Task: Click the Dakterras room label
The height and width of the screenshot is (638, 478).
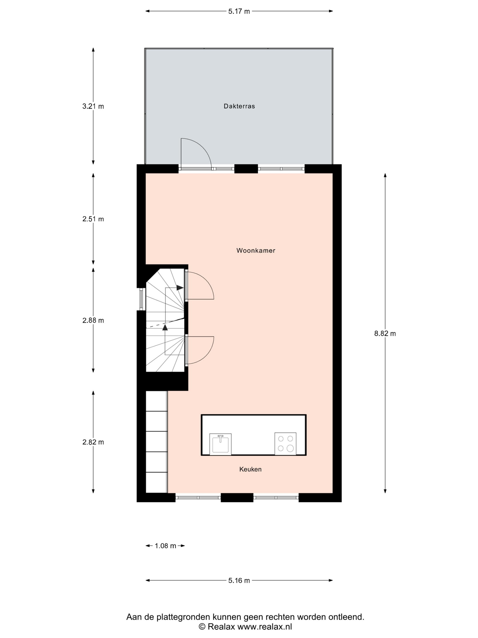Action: point(239,106)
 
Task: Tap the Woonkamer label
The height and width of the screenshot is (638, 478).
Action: point(256,250)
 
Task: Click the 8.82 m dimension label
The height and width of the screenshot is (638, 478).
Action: point(385,334)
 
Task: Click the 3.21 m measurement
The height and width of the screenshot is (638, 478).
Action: point(93,106)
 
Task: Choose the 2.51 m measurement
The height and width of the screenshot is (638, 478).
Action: point(93,219)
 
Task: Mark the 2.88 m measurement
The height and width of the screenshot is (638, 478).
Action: point(93,320)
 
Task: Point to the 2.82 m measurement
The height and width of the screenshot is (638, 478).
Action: point(93,442)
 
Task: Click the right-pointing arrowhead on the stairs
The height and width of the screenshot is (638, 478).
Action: point(180,288)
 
